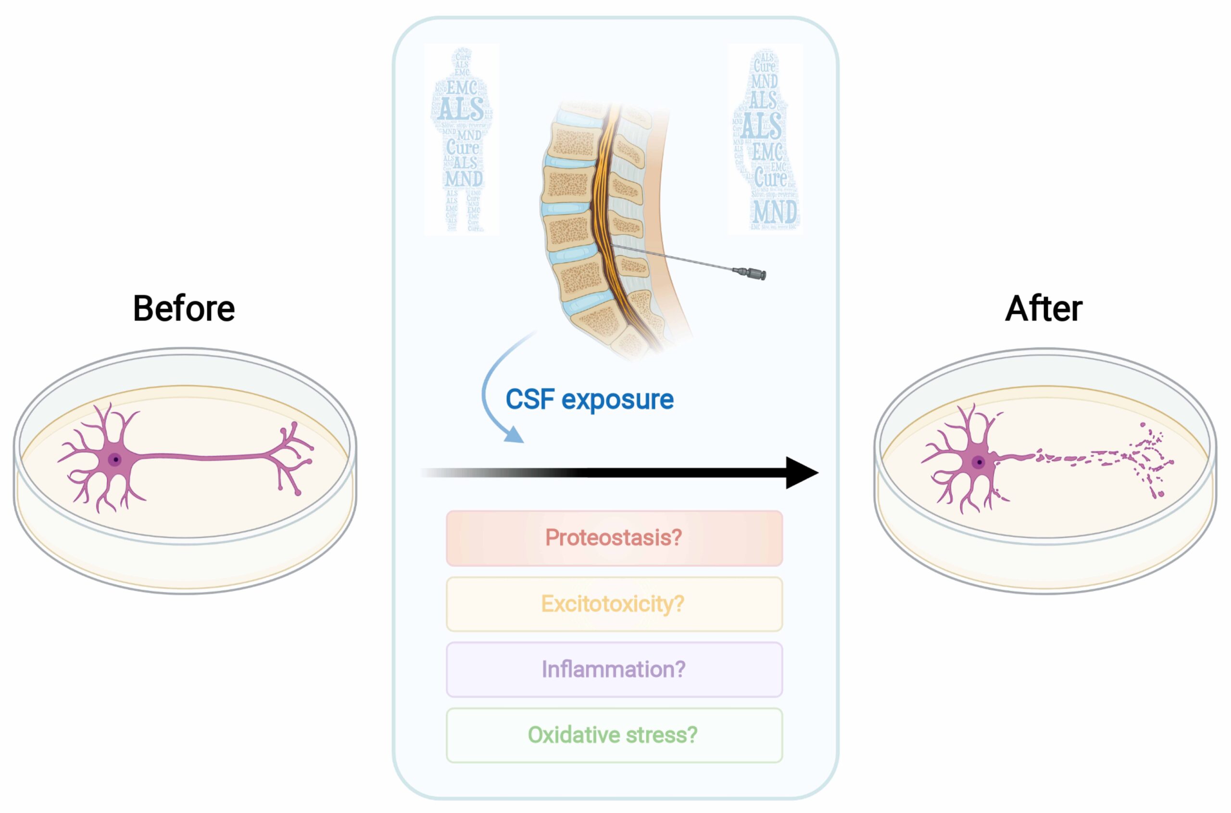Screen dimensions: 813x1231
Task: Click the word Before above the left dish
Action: [184, 308]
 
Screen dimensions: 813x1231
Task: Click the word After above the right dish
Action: [1043, 308]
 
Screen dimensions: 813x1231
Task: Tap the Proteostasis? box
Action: [614, 538]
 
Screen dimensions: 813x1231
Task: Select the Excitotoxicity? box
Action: [614, 604]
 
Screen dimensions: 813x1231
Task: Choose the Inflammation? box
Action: [614, 669]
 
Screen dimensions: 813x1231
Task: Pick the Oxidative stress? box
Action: [614, 735]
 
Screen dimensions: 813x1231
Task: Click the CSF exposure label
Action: [590, 400]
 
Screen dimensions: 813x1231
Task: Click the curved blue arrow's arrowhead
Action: [515, 435]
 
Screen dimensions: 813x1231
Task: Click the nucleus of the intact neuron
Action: [115, 459]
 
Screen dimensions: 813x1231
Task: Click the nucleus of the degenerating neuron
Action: [979, 461]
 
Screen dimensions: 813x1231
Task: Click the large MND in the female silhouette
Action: [775, 212]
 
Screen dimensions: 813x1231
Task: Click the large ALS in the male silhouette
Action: [461, 109]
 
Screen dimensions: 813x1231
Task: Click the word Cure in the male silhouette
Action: [462, 147]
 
